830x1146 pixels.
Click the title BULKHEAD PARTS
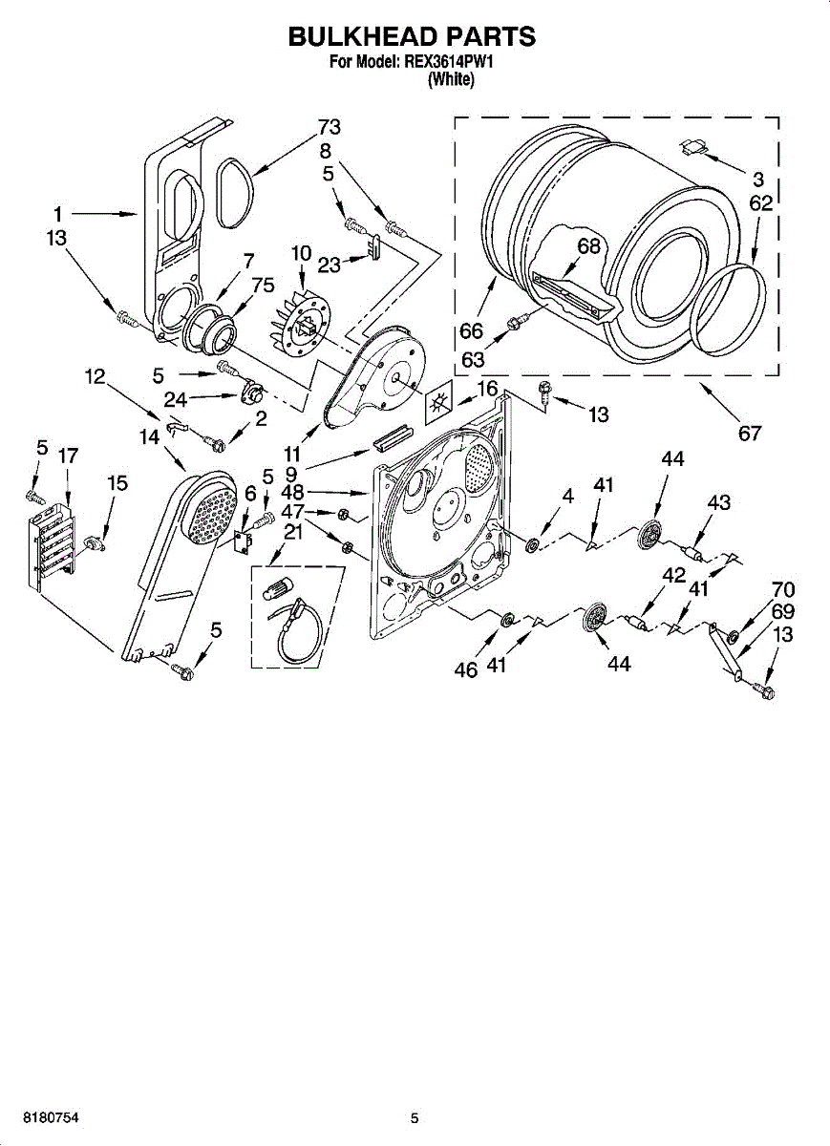pyautogui.click(x=412, y=36)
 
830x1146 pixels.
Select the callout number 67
pyautogui.click(x=750, y=433)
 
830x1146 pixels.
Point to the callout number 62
pyautogui.click(x=760, y=203)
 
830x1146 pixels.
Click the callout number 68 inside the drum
pyautogui.click(x=588, y=246)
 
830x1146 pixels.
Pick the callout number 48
pyautogui.click(x=292, y=493)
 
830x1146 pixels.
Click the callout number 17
pyautogui.click(x=67, y=456)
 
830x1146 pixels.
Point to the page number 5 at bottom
pyautogui.click(x=415, y=1117)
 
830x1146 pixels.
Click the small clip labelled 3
pyautogui.click(x=695, y=145)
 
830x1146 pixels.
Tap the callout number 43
pyautogui.click(x=718, y=503)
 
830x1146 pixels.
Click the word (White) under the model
pyautogui.click(x=450, y=80)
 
